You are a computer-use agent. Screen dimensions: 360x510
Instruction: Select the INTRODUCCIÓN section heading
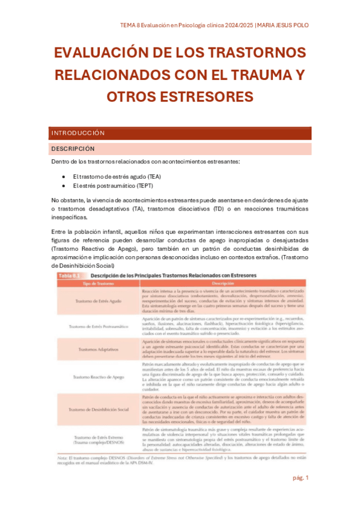[x=78, y=133]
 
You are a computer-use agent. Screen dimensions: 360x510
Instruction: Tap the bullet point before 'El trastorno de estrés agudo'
[x=64, y=176]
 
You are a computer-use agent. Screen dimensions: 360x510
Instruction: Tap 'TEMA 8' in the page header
[x=131, y=25]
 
